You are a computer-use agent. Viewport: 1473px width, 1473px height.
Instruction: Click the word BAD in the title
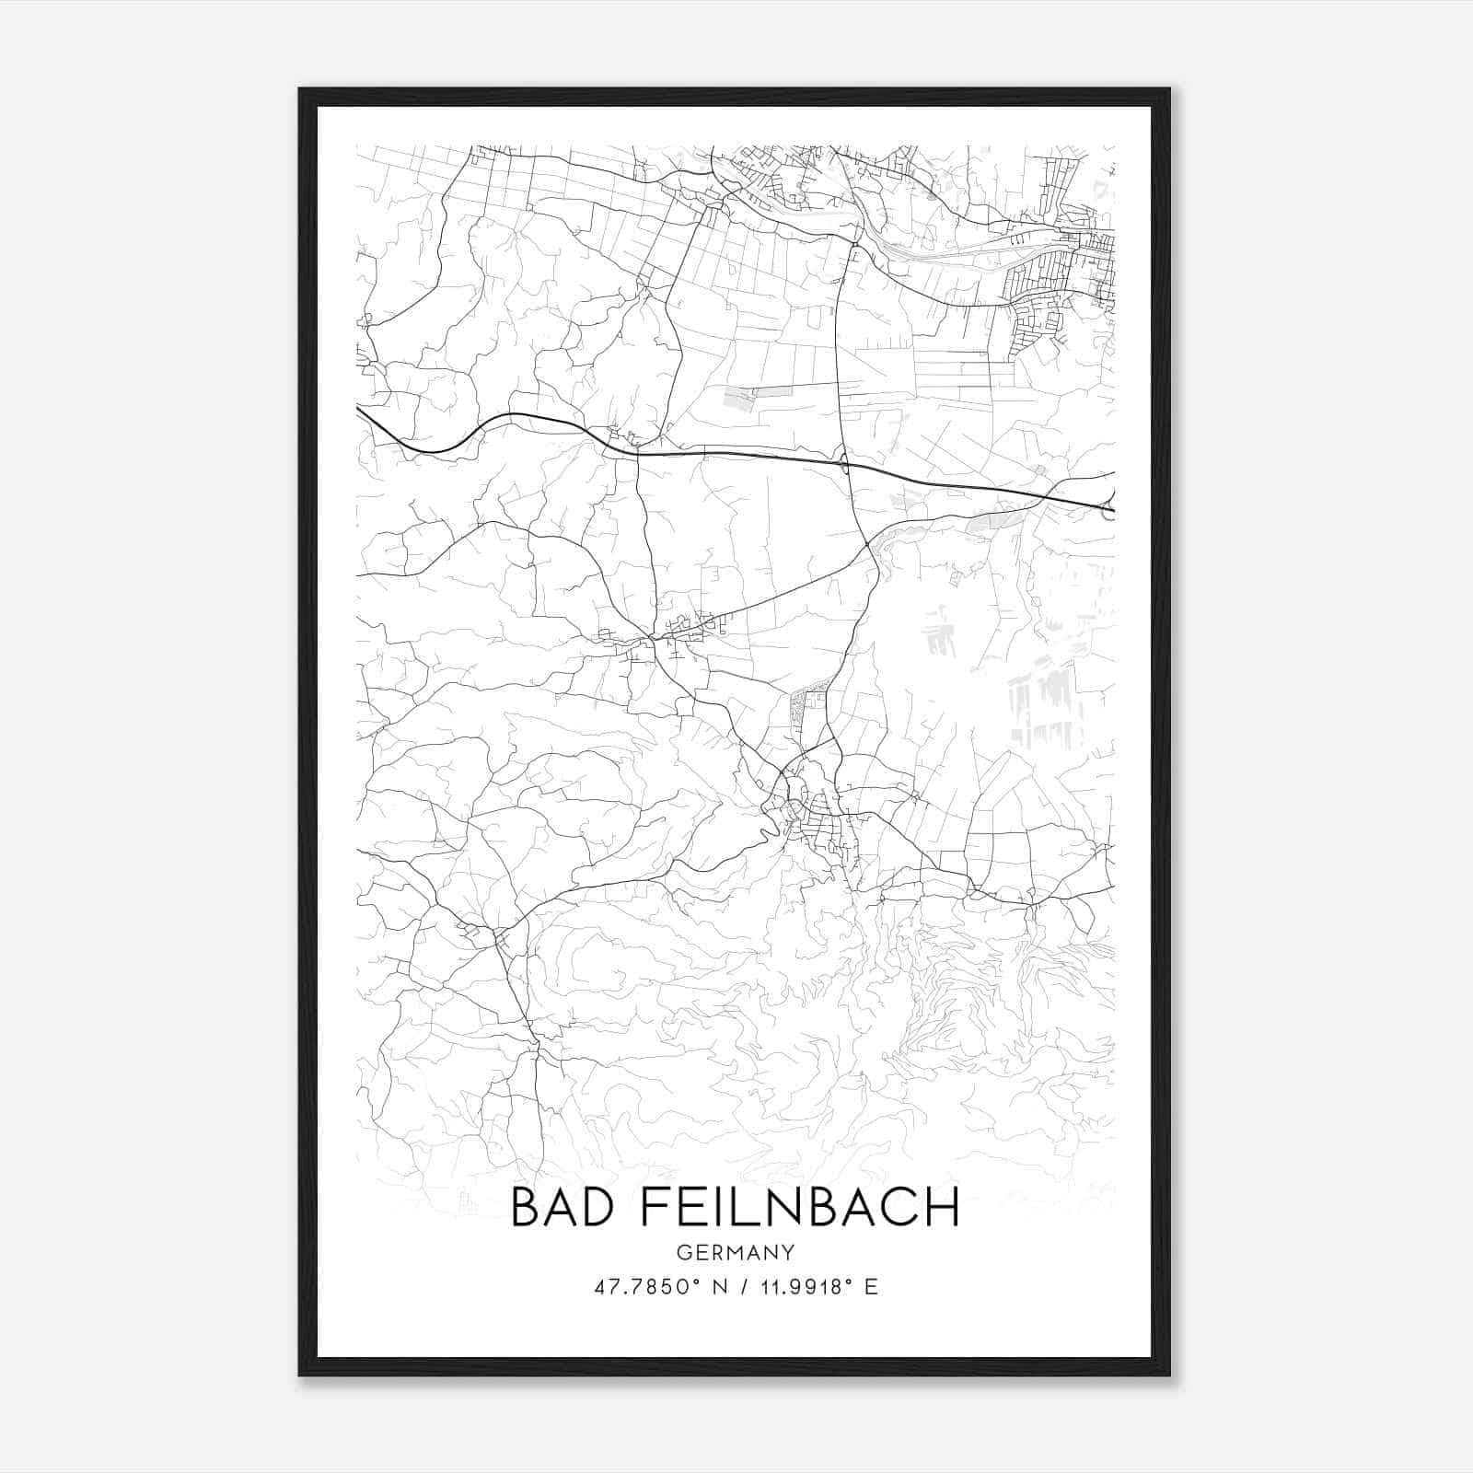[560, 1207]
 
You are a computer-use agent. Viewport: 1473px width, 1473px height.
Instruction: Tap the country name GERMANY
[736, 1252]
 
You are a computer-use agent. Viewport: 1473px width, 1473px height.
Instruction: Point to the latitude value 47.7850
[641, 1287]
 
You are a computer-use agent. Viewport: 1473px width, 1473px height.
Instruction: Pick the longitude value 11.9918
[796, 1287]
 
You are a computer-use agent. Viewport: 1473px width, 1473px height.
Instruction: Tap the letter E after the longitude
[871, 1287]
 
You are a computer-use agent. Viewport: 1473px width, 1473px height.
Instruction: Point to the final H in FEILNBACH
[942, 1207]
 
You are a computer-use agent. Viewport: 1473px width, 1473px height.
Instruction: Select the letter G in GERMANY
[682, 1252]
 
